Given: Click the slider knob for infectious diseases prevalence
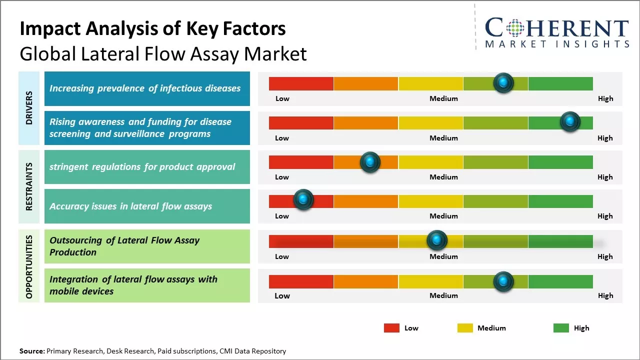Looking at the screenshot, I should point(503,82).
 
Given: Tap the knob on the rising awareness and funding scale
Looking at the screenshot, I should point(570,121).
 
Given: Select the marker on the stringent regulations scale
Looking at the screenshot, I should point(370,162).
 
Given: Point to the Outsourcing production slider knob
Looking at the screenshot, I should point(437,240).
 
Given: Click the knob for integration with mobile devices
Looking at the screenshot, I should point(503,281).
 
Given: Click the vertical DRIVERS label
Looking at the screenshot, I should point(29,108).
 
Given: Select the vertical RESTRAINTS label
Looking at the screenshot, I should point(29,186).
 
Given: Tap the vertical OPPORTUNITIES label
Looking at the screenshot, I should point(29,266).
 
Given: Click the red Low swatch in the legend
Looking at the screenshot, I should point(391,328).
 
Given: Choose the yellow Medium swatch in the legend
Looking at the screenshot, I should point(465,328).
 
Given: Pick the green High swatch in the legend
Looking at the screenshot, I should point(561,328).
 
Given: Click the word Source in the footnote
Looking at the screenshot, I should point(32,351).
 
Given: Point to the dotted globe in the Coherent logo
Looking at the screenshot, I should point(514,28).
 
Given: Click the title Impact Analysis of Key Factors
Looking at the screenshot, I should point(152,28).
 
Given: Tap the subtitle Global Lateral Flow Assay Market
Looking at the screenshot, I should point(163,53).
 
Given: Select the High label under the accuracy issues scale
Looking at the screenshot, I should point(605,216).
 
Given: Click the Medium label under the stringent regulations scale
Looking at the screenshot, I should point(443,177).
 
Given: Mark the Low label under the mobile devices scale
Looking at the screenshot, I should point(282,295).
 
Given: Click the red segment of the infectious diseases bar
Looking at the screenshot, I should point(301,83).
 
